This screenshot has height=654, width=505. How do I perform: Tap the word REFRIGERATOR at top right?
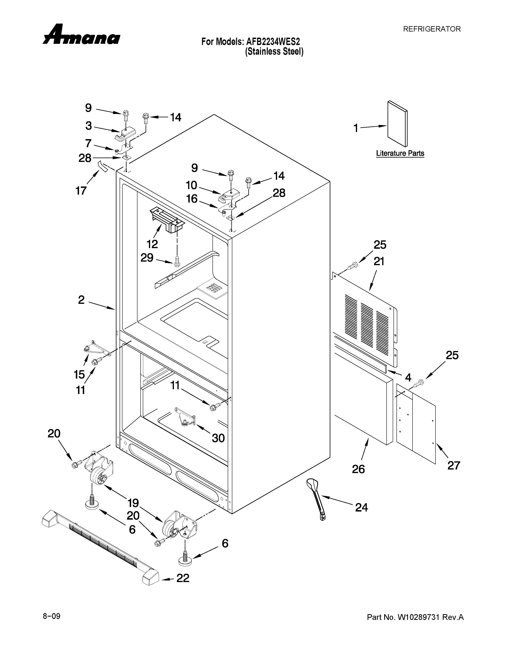tap(432, 29)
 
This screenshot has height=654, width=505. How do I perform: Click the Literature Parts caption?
tap(400, 153)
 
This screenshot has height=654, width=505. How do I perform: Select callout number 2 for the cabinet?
tap(81, 300)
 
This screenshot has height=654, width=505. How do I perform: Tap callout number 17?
tap(81, 190)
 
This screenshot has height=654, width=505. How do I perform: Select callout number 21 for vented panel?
tap(379, 261)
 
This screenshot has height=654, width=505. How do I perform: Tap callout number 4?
tap(408, 378)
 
